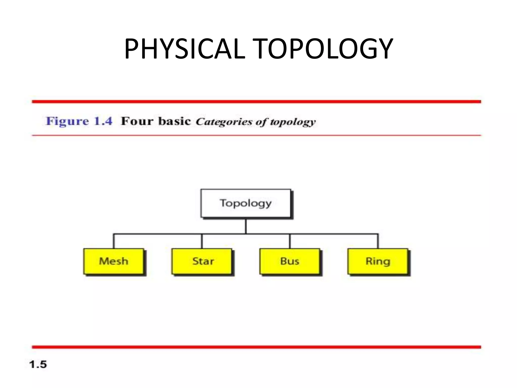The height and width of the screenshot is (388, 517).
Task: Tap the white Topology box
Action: (x=246, y=203)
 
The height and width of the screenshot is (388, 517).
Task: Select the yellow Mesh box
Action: (x=114, y=261)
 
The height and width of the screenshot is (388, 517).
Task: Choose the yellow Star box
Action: (x=202, y=261)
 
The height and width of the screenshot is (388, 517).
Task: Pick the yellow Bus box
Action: (x=290, y=261)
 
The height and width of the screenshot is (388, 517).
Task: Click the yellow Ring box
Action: (x=378, y=261)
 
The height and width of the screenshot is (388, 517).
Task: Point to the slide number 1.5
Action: (x=38, y=365)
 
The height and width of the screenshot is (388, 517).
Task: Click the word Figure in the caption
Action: (x=67, y=121)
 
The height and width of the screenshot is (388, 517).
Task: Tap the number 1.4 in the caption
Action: (x=103, y=121)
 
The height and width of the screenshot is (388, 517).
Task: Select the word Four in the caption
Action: (x=137, y=121)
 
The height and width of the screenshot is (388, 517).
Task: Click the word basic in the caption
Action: (x=174, y=121)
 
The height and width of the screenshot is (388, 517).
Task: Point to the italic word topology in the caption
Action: (x=293, y=122)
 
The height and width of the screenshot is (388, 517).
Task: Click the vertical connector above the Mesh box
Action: (x=114, y=241)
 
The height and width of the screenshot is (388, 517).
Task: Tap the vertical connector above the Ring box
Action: (x=378, y=241)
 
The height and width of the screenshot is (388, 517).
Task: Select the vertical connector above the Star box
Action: (x=202, y=241)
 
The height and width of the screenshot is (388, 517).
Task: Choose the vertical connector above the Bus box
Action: (x=290, y=241)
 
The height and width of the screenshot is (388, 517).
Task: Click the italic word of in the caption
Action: (x=261, y=122)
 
